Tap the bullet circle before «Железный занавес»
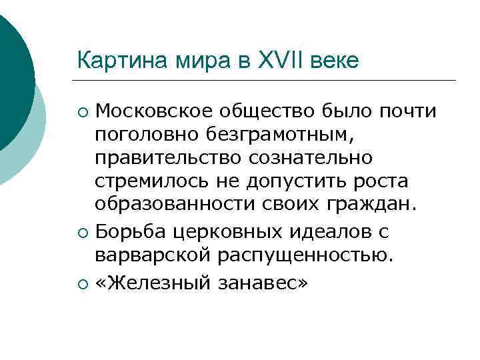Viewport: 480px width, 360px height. coord(82,283)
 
